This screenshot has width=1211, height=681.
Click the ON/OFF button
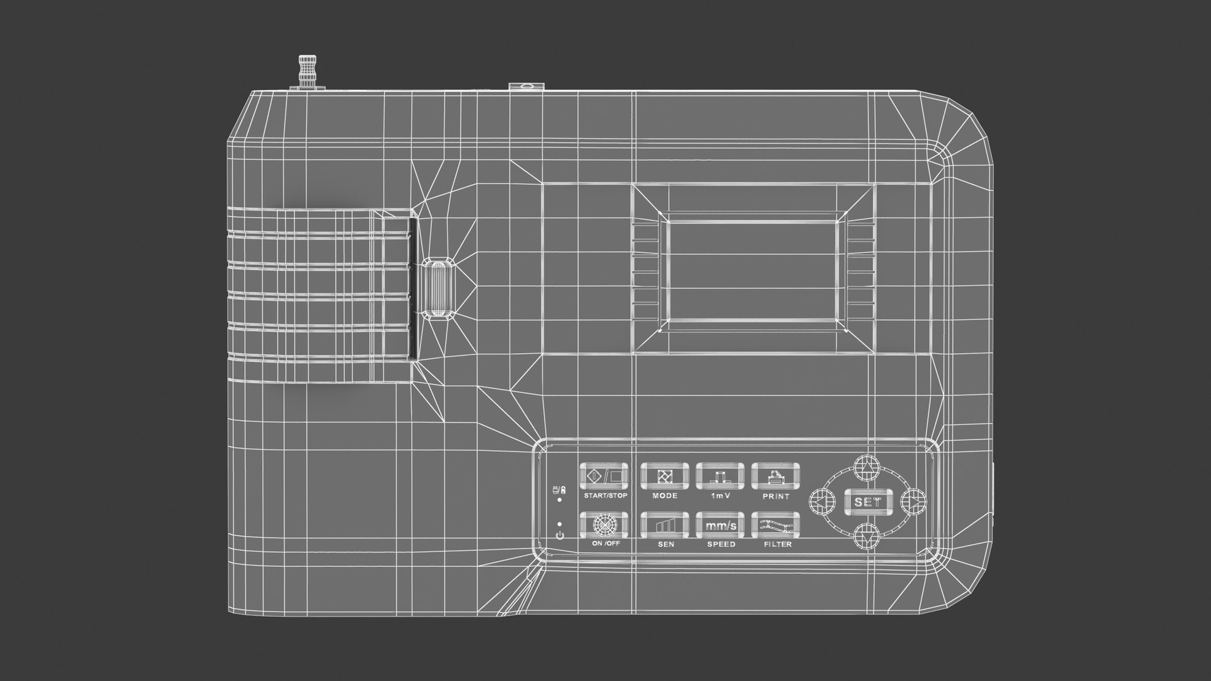(x=605, y=524)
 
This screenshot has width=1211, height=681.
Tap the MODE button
(x=665, y=476)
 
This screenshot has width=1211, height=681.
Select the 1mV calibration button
(x=721, y=476)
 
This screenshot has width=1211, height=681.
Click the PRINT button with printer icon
(x=776, y=476)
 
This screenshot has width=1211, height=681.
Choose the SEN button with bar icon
(x=665, y=524)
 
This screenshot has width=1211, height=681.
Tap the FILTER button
(x=776, y=524)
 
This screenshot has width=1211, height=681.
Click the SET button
(x=868, y=502)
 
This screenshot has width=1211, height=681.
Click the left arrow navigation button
(x=822, y=502)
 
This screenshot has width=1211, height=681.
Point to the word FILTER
(x=777, y=544)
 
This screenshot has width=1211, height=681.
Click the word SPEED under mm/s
(x=721, y=544)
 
